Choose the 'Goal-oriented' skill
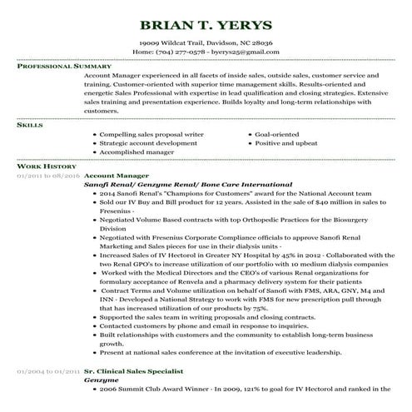point(277,134)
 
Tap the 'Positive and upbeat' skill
point(285,143)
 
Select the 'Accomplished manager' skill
point(137,152)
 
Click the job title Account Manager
point(117,176)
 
